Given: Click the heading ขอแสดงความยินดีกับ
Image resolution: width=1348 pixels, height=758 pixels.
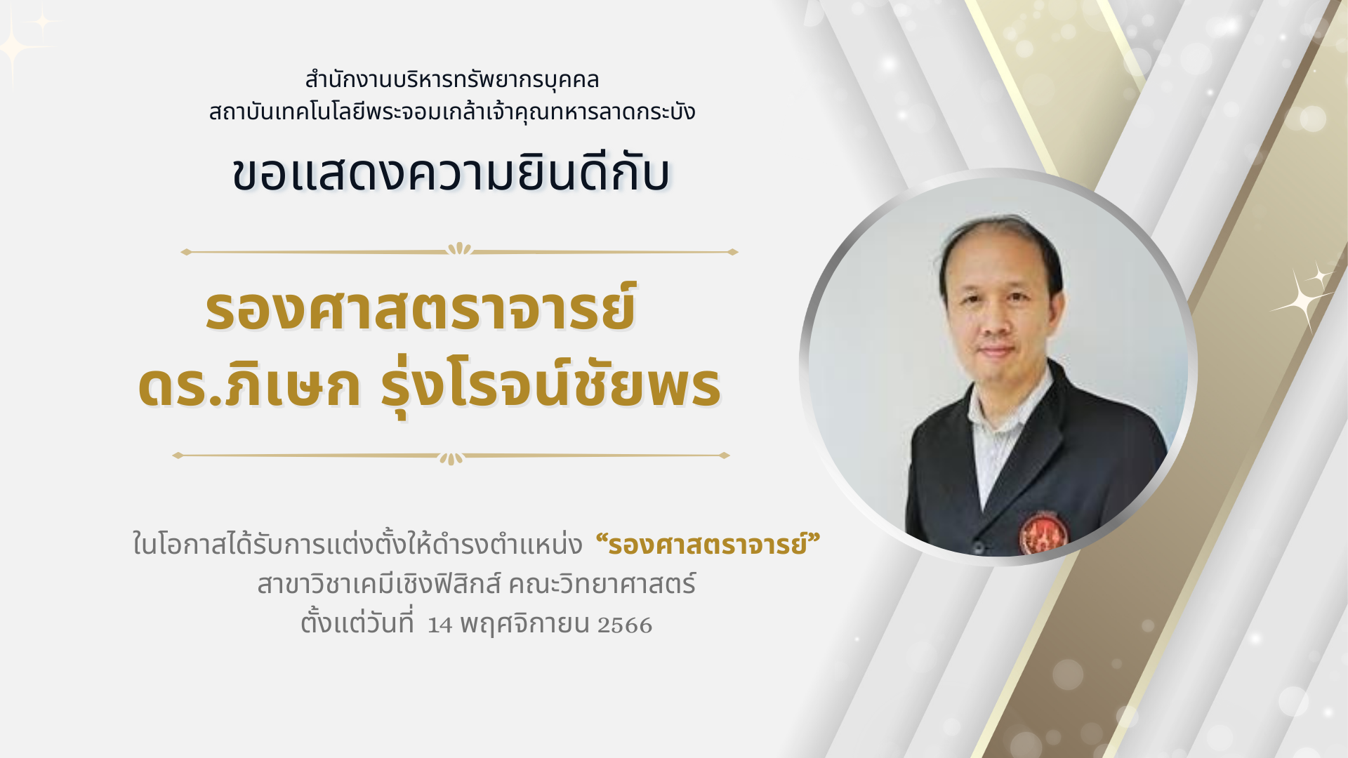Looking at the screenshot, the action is [451, 173].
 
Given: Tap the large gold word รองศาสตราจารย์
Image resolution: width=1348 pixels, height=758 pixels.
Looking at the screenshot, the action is [421, 309].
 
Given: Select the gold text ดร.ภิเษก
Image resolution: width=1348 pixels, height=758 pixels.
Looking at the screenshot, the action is [249, 386].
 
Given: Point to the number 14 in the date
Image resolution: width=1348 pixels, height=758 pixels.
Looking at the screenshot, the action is [440, 625].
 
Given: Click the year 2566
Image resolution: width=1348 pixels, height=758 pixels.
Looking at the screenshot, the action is [625, 625].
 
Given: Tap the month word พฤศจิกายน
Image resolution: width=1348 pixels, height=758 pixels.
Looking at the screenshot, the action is [524, 623].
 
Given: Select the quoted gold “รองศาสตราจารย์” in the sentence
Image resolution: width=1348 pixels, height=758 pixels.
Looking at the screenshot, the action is [708, 544].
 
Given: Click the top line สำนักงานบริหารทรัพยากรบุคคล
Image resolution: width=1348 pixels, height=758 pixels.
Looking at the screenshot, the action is [452, 79].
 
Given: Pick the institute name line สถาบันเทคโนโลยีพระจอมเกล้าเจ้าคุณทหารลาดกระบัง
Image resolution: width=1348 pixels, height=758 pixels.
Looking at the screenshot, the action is [452, 112].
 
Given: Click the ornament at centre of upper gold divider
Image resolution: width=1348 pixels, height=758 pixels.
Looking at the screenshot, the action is [459, 249].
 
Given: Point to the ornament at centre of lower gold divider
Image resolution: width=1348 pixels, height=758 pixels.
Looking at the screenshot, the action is [451, 458].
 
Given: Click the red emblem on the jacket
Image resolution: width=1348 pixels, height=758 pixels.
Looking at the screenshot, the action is [1043, 532].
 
